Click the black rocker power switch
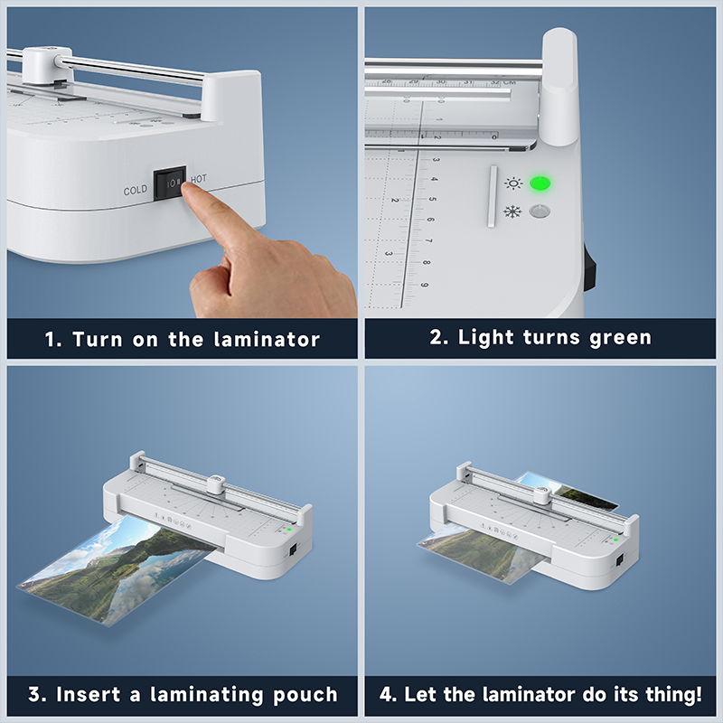point(170,183)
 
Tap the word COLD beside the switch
point(135,190)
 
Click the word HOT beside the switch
point(199,179)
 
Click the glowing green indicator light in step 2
point(540,183)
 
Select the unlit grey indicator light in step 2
point(540,211)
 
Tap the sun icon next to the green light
point(513,183)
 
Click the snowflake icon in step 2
point(512,212)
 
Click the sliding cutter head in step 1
point(48,65)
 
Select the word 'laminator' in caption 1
point(267,340)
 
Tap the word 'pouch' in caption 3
point(305,695)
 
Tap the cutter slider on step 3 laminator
point(215,484)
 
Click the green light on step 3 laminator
point(289,530)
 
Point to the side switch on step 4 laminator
point(620,559)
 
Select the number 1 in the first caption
point(51,340)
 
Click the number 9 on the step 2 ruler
point(424,285)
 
